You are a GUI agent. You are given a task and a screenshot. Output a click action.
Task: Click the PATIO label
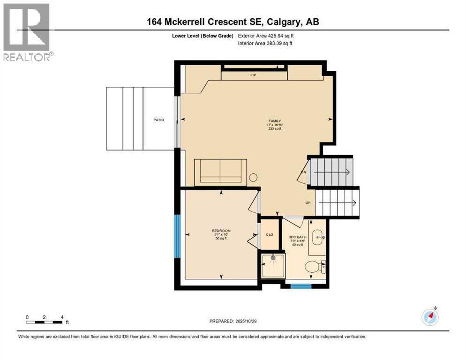[158, 120]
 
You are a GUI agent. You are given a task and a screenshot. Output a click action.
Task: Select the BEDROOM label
[221, 231]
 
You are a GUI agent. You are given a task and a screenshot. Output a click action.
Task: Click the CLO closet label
[269, 235]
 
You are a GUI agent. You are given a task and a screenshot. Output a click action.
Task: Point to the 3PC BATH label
[298, 237]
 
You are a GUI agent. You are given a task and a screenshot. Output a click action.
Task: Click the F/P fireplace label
[254, 75]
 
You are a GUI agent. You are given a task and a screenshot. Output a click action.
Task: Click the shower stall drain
[273, 257]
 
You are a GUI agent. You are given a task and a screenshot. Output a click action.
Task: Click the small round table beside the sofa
[253, 178]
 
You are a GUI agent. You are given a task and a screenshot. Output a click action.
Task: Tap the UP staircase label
[308, 203]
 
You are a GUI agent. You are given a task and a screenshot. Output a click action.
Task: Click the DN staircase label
[303, 172]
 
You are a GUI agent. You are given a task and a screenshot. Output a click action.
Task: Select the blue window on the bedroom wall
[177, 236]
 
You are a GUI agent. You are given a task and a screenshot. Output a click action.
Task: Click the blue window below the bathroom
[301, 285]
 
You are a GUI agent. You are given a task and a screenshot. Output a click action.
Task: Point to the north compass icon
[430, 317]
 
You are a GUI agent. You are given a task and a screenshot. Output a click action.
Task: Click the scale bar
[45, 322]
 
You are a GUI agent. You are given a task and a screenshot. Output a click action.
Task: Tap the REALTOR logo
[27, 32]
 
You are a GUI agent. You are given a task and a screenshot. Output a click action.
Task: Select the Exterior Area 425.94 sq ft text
[266, 36]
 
